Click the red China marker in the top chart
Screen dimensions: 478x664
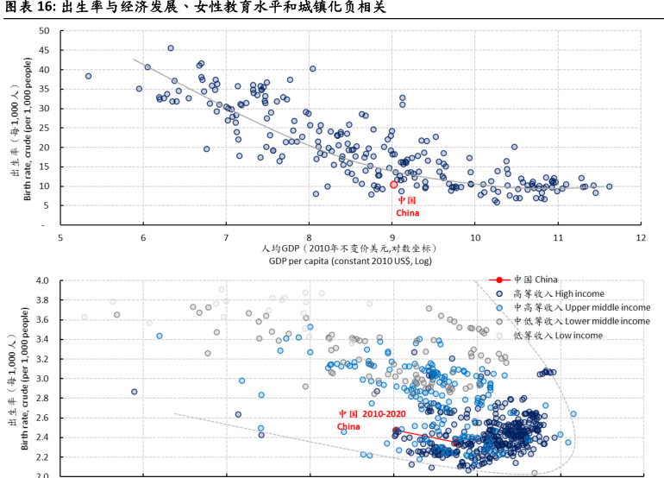click(x=393, y=185)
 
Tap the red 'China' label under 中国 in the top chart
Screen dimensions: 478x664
click(x=407, y=212)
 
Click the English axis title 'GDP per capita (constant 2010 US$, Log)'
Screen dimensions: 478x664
click(x=350, y=261)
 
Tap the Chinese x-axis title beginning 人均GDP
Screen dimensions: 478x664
click(x=349, y=248)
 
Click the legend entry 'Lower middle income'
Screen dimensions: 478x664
click(x=581, y=321)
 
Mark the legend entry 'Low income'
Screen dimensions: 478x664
click(x=557, y=335)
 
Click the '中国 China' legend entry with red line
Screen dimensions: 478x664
click(x=535, y=280)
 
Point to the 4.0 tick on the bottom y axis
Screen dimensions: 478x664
click(x=41, y=281)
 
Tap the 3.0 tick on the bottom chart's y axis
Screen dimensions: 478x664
click(x=41, y=379)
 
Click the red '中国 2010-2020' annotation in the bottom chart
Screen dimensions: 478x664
click(x=372, y=414)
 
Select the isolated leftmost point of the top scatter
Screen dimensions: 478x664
click(x=88, y=76)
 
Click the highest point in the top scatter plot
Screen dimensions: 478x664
click(x=171, y=48)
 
